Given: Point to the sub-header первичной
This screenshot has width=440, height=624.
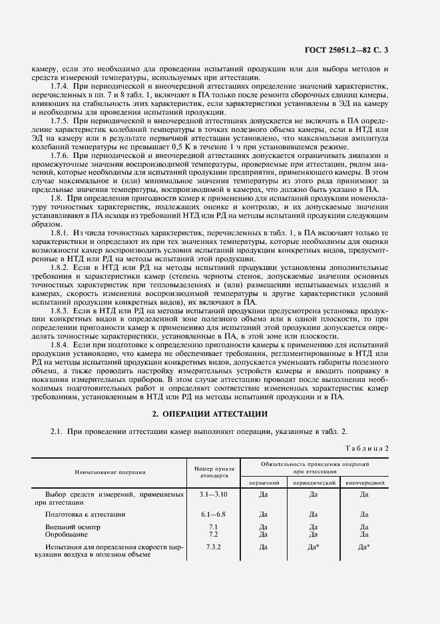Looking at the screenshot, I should (x=264, y=481).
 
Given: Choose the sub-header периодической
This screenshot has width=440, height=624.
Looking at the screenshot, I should (x=314, y=481).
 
